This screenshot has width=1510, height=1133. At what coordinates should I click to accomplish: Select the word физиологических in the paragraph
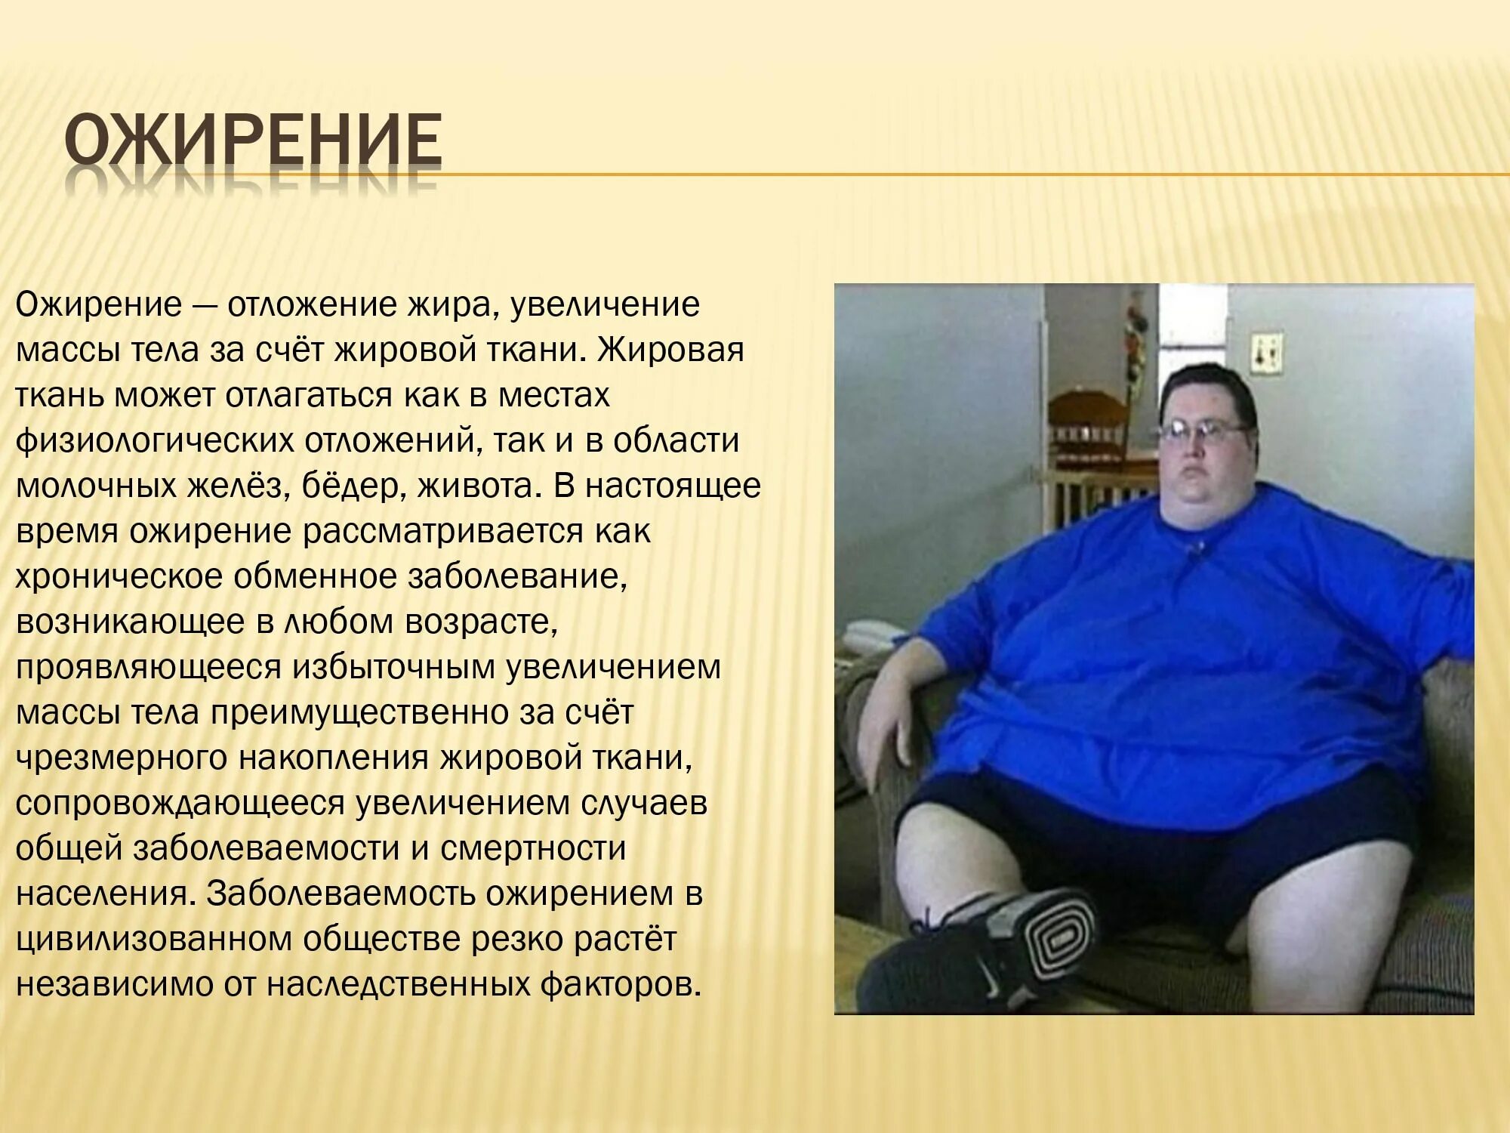coord(155,441)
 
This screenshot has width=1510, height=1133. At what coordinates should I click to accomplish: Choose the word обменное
coord(315,577)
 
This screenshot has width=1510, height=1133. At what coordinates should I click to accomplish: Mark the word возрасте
coord(481,622)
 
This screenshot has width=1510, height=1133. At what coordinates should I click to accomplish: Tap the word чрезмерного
coord(122,758)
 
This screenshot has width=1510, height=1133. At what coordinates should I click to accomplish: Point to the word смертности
coord(533,849)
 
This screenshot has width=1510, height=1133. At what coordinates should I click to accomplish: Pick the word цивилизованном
coord(154,940)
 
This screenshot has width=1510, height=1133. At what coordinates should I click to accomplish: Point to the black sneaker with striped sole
coord(1004,944)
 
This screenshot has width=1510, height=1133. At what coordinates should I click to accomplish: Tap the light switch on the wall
coord(1265,351)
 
